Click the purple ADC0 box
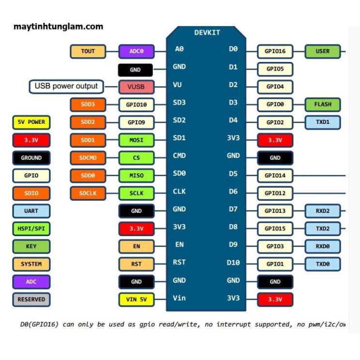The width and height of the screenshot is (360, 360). pos(136,51)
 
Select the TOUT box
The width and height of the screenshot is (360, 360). pos(88,51)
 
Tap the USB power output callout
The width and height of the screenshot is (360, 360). pos(66,87)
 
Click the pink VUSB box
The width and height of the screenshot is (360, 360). pos(136,87)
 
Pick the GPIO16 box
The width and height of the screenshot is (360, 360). pos(275,51)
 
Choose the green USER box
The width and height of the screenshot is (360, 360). pos(323,51)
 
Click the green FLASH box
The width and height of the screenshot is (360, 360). pos(323,105)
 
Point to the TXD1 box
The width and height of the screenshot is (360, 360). pos(323,122)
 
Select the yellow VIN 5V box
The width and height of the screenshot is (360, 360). pos(136,300)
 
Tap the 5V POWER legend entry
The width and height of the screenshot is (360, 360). pos(31,122)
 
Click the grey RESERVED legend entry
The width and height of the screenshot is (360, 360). pos(31,300)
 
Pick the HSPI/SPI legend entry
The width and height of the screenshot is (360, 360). pos(31,229)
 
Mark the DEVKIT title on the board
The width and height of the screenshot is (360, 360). pos(207,32)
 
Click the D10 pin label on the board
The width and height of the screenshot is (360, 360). pos(233,262)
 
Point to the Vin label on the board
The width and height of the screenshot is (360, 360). pos(179,298)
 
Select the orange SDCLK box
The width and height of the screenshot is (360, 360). pos(88,194)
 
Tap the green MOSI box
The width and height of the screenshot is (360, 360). pos(136,140)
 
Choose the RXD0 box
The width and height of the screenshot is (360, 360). pos(323,246)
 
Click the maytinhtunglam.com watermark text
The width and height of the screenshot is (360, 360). pos(59,27)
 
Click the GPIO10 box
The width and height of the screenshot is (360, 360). pos(136,105)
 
